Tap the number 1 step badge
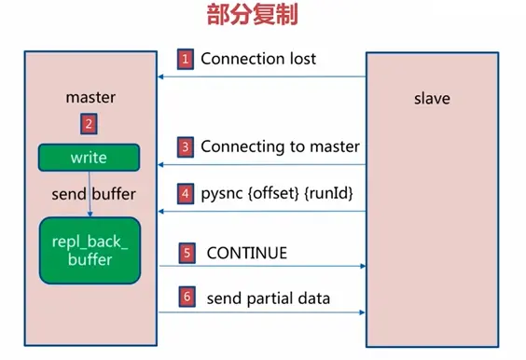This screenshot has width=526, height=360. coord(186,59)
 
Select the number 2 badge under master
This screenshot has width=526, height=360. coord(90,122)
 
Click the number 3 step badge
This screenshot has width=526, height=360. coord(186,146)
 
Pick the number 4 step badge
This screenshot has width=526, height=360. coord(186,194)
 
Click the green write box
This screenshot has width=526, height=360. coord(89,158)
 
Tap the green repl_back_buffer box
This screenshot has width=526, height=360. coord(89,251)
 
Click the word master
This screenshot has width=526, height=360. coord(90,97)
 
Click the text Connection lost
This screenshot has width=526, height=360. coord(258,59)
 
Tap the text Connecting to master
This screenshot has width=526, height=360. coord(280,146)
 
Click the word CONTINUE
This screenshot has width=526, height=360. coord(246,253)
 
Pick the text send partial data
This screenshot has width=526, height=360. coord(268,298)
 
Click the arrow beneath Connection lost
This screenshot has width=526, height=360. coord(261,77)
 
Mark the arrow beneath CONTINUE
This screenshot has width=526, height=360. coord(261,266)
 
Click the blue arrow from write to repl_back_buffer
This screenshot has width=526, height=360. coord(90,194)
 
